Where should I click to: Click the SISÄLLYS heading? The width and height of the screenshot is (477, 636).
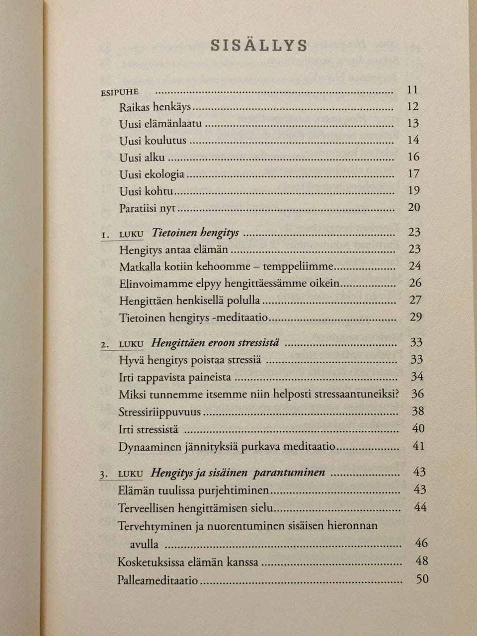point(259,45)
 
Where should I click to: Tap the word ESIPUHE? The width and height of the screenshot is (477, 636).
point(120,92)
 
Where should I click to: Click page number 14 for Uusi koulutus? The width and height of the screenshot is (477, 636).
point(413,140)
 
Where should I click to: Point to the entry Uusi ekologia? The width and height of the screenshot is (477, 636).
point(152,174)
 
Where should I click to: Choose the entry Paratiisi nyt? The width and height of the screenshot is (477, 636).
point(148,208)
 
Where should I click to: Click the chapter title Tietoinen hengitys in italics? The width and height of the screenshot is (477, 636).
point(195,233)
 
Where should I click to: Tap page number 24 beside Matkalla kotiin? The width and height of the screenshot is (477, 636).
point(415,266)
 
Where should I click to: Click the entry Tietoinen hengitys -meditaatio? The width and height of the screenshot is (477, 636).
point(193,318)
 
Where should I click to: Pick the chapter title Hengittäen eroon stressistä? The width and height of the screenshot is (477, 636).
point(215,343)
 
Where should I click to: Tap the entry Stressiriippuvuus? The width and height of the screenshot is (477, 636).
point(159,412)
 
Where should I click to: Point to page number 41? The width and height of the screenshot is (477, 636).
point(418,446)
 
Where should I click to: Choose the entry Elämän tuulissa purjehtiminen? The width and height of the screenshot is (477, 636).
point(193,490)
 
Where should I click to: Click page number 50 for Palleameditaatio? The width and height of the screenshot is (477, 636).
point(422,579)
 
